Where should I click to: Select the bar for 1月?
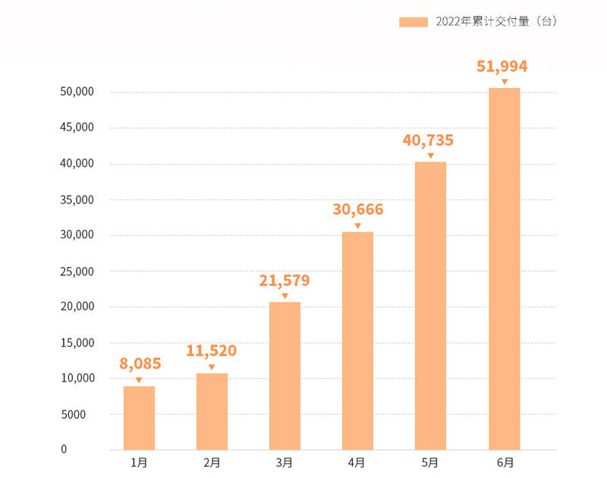coord(139,418)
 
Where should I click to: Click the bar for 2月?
coord(212,411)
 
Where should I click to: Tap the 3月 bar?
coord(285,376)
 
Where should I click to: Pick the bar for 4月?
coord(357,341)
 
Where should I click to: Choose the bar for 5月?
coord(430,306)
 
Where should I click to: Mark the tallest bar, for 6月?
coord(504,269)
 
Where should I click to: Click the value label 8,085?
coord(140,363)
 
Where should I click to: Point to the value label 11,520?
coord(212,351)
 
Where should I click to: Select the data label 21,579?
coord(285,281)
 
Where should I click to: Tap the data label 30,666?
coord(358,210)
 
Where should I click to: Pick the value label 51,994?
coord(502,66)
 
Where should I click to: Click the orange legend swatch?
coord(414,22)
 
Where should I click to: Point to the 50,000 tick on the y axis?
coord(76,93)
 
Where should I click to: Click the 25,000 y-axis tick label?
coord(76,272)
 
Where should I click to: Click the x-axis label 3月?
coord(285,462)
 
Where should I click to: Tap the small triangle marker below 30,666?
coord(358,225)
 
